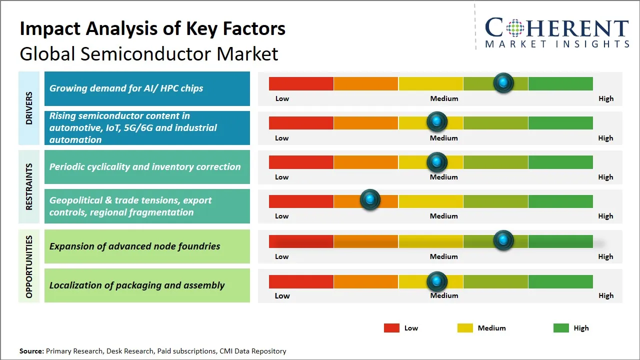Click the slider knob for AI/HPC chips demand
tap(503, 82)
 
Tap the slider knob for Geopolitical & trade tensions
tap(370, 199)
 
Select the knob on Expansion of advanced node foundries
tap(503, 240)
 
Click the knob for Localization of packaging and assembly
tap(437, 281)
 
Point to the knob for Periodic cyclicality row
tap(437, 162)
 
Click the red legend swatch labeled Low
tap(391, 328)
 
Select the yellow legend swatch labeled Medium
tap(465, 328)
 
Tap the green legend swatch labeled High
tap(561, 328)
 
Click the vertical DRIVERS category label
tap(29, 108)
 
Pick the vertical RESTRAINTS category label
tap(29, 186)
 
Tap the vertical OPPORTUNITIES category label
tap(29, 266)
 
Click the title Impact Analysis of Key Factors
tap(152, 28)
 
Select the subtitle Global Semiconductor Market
tap(148, 53)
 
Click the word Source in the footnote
tap(31, 351)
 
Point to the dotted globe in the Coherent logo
tap(514, 28)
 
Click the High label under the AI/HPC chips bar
tap(605, 98)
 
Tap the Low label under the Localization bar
tap(282, 295)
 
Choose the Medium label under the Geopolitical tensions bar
tap(443, 216)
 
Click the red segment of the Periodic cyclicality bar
tap(301, 162)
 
